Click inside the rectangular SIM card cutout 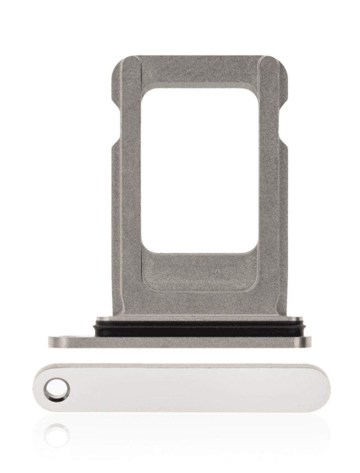tap(200, 169)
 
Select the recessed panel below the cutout tap(200, 272)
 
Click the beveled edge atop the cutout tap(200, 85)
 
